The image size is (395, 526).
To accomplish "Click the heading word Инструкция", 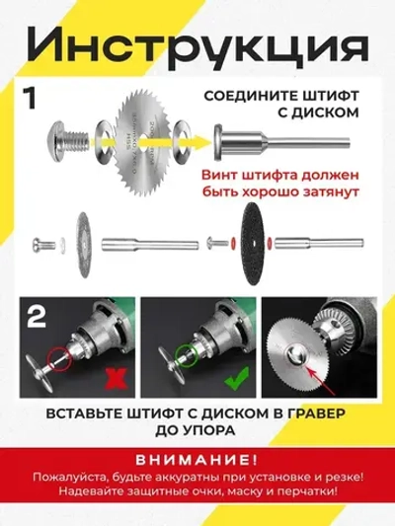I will pyautogui.click(x=197, y=45).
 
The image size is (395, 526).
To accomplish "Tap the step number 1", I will pyautogui.click(x=33, y=100).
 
